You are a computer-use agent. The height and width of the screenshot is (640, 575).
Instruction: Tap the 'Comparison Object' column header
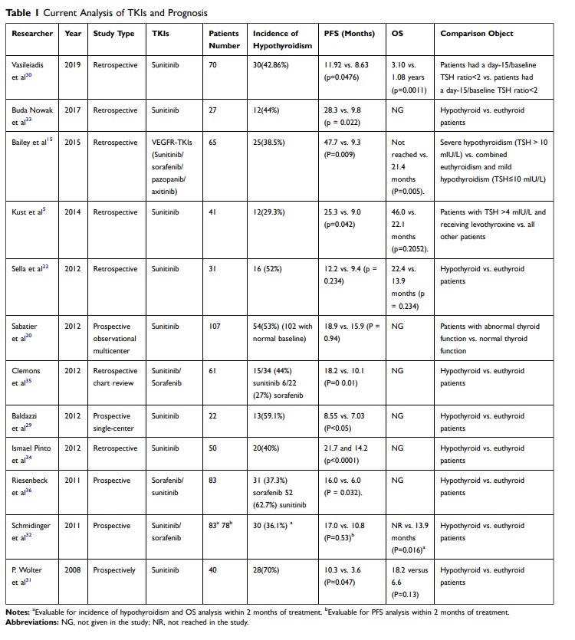click(x=477, y=34)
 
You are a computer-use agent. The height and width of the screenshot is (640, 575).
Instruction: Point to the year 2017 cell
click(x=73, y=110)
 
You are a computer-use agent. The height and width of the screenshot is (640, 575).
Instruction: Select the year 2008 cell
click(x=73, y=570)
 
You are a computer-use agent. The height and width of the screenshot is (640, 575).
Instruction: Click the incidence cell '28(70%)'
click(x=264, y=570)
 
